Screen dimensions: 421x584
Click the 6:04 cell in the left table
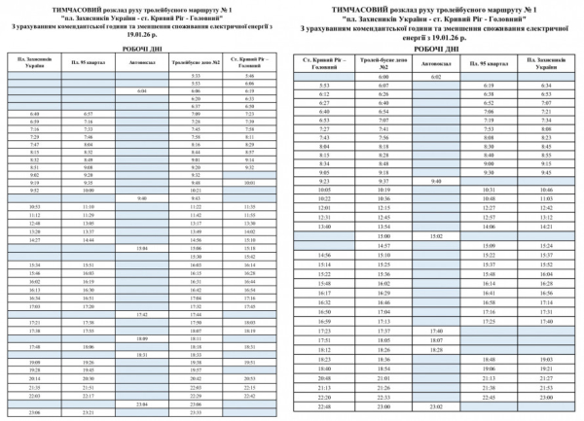pyautogui.click(x=142, y=90)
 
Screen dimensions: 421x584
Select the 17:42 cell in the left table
pyautogui.click(x=142, y=314)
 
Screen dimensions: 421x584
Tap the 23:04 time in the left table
pyautogui.click(x=142, y=403)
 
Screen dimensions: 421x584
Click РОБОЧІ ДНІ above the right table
pyautogui.click(x=436, y=49)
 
